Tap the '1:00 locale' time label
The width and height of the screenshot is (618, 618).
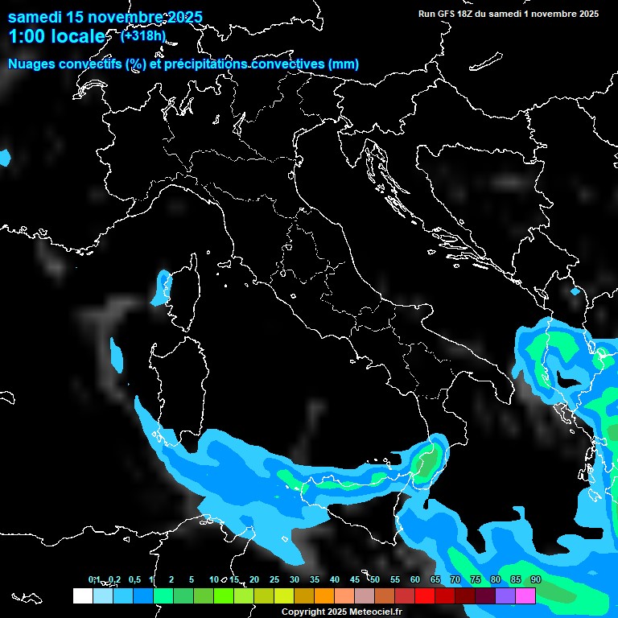pyautogui.click(x=56, y=36)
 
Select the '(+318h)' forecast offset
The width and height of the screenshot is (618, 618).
pyautogui.click(x=143, y=35)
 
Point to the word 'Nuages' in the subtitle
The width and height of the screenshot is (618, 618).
pyautogui.click(x=32, y=64)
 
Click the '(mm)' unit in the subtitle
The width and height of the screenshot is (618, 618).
pyautogui.click(x=344, y=64)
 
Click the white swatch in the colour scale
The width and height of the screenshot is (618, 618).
pyautogui.click(x=82, y=595)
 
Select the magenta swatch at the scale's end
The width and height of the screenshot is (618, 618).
pyautogui.click(x=525, y=595)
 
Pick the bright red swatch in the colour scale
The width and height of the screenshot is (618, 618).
pyautogui.click(x=425, y=595)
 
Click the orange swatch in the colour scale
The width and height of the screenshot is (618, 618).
pyautogui.click(x=323, y=595)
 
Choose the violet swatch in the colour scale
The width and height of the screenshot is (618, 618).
pyautogui.click(x=505, y=595)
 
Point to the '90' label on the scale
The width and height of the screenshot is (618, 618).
pyautogui.click(x=536, y=580)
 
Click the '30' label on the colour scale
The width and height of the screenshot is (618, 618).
pyautogui.click(x=294, y=580)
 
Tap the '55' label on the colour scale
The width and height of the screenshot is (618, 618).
pyautogui.click(x=395, y=580)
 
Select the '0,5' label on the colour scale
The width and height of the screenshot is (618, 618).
pyautogui.click(x=134, y=580)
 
